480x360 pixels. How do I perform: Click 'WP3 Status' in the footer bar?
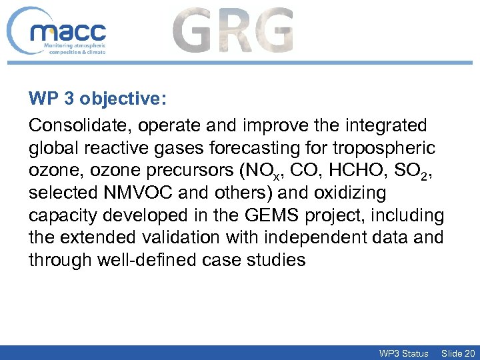403,353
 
